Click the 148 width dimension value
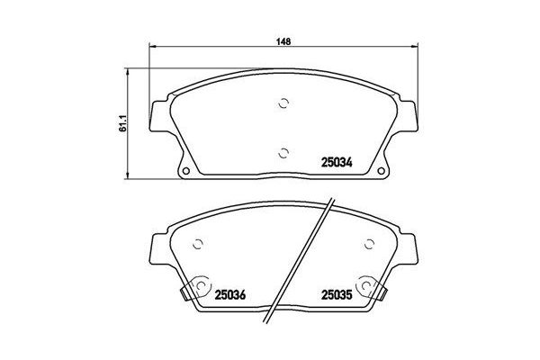tap(283, 40)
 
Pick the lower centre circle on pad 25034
tap(283, 151)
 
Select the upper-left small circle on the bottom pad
tap(199, 242)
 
